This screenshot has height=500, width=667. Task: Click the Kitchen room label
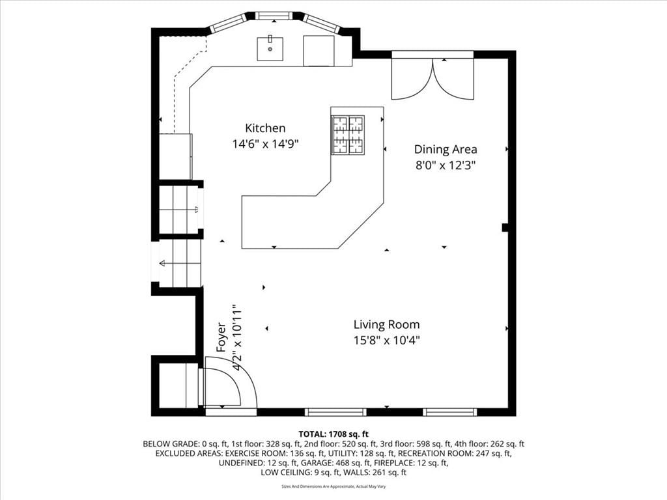click(x=265, y=128)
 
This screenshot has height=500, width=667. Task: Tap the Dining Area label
click(x=446, y=149)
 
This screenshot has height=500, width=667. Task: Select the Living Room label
click(x=387, y=324)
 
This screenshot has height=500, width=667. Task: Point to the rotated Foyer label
click(x=221, y=337)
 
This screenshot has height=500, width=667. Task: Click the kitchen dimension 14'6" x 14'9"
click(x=265, y=144)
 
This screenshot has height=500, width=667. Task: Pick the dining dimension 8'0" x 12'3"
click(x=446, y=165)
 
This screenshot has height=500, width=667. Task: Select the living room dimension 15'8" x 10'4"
click(x=387, y=340)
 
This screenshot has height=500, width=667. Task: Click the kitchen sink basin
click(x=270, y=49)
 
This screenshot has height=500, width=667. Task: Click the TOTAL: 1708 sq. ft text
click(x=333, y=434)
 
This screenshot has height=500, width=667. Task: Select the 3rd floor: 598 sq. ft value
click(x=416, y=444)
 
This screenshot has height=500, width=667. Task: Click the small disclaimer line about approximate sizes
click(x=333, y=486)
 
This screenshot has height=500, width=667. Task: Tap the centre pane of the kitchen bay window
click(x=274, y=16)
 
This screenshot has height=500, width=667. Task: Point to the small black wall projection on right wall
click(x=505, y=227)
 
